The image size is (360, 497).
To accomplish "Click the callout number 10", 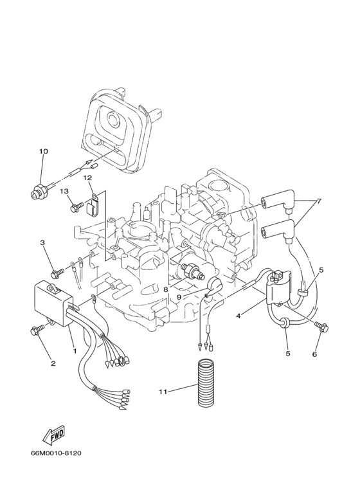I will point(44,152).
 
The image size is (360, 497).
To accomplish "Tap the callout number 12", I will point(87,177).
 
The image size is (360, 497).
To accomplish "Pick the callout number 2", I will point(53,363).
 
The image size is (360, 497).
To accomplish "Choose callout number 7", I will point(319,201).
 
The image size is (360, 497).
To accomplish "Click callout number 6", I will point(316,354).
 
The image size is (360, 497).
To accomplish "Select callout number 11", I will point(163,390).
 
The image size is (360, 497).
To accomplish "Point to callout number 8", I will point(166,290).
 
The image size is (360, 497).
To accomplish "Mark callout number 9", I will point(179,296).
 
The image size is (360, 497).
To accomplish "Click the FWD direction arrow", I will point(52,436).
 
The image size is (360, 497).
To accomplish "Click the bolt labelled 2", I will point(35,330).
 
